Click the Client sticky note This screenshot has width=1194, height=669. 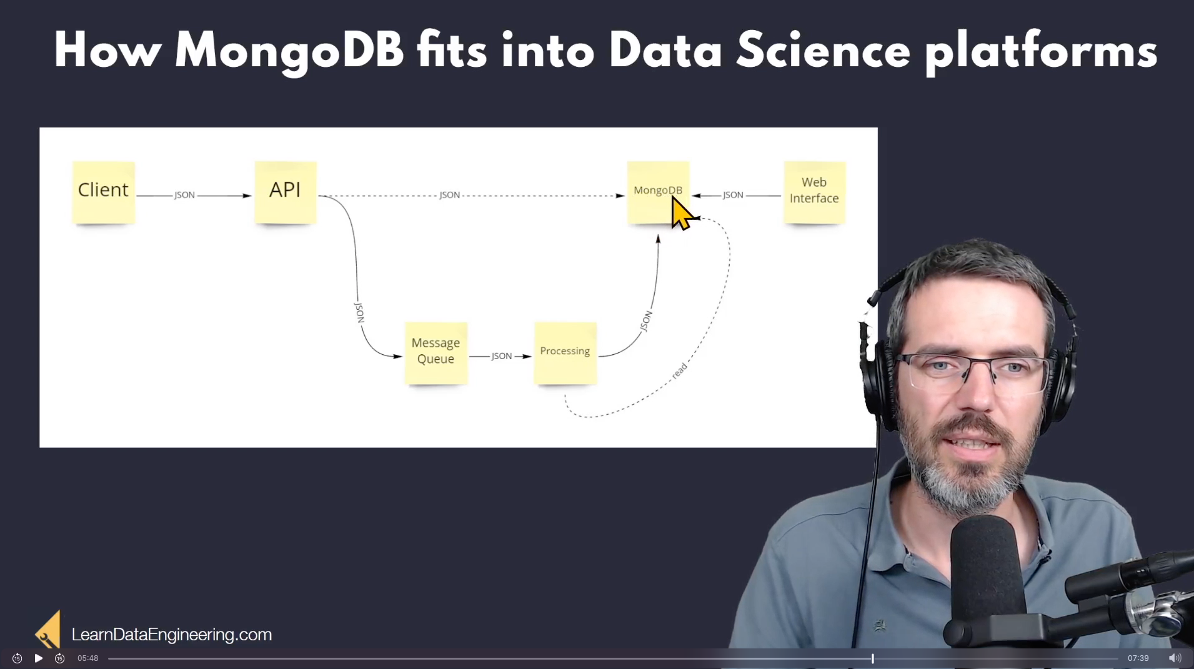pos(103,192)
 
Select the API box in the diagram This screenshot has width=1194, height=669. pos(286,192)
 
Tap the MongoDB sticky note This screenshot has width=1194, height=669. pos(658,192)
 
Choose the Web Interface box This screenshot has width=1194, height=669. pos(815,192)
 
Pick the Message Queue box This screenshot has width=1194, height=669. pos(435,353)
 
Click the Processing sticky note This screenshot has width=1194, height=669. pos(565,353)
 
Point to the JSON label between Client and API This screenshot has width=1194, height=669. pos(184,195)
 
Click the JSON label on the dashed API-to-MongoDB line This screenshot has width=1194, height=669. pos(449,195)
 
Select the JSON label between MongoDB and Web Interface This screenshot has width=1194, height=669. pos(733,195)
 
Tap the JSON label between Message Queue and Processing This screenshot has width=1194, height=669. pos(502,356)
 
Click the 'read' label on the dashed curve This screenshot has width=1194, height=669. pos(679,370)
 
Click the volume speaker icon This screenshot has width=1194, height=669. pos(1175,658)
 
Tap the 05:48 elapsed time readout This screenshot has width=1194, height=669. pos(88,658)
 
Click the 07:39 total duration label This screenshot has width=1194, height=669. pos(1138,658)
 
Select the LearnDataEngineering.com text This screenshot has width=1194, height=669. pos(172,635)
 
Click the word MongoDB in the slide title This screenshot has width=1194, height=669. pos(289,52)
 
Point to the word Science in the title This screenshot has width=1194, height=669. pos(823,51)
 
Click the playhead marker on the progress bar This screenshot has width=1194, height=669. pos(872,658)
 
